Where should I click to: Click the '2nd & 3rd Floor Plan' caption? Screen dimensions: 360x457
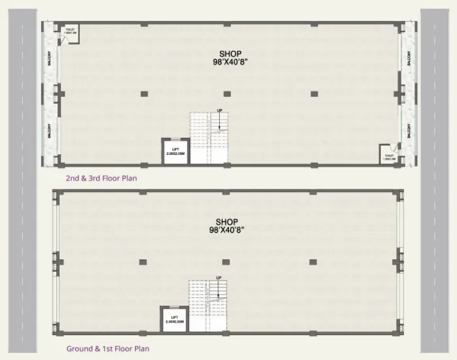(101, 178)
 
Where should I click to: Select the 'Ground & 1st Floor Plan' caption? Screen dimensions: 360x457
(107, 349)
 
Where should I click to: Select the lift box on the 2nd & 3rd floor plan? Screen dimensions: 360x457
(175, 152)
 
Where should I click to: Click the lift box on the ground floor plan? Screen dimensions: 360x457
(175, 320)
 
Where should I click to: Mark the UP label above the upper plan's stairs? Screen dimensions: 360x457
(220, 110)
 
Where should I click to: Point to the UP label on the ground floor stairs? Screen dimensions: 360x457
(218, 278)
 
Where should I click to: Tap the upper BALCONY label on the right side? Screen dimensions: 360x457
(409, 57)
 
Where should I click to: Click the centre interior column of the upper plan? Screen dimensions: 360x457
(226, 93)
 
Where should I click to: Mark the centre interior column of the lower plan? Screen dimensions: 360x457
(226, 262)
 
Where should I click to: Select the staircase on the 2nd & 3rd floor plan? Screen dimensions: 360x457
(209, 138)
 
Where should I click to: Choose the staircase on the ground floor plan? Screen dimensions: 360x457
(208, 306)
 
